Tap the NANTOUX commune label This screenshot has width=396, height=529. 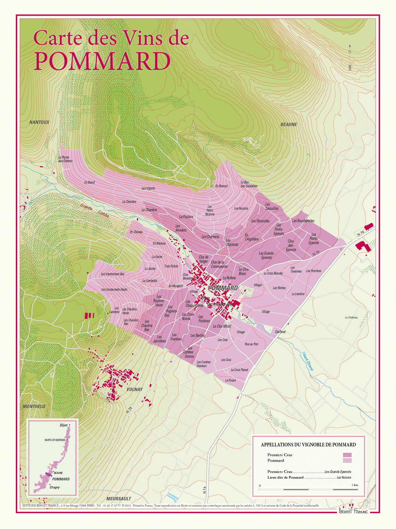[x=39, y=122]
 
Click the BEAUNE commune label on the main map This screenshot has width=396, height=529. [x=289, y=124]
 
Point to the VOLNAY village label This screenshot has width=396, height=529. [x=134, y=389]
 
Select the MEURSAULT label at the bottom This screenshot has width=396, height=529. [x=119, y=499]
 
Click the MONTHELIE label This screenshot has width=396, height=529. [x=34, y=406]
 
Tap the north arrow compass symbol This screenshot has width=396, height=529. [x=350, y=58]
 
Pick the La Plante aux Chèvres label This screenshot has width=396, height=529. [x=65, y=159]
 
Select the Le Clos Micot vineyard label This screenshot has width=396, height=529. [x=222, y=326]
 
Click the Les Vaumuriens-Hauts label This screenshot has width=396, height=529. [x=114, y=289]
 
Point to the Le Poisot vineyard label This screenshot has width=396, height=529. [x=231, y=380]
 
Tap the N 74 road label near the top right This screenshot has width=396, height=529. [x=361, y=234]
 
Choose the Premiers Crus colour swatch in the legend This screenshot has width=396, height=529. [x=347, y=455]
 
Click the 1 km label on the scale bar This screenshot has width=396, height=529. [x=354, y=485]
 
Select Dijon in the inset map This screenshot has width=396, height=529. [x=64, y=425]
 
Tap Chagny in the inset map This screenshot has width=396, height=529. [x=55, y=487]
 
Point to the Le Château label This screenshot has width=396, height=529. [x=351, y=318]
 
